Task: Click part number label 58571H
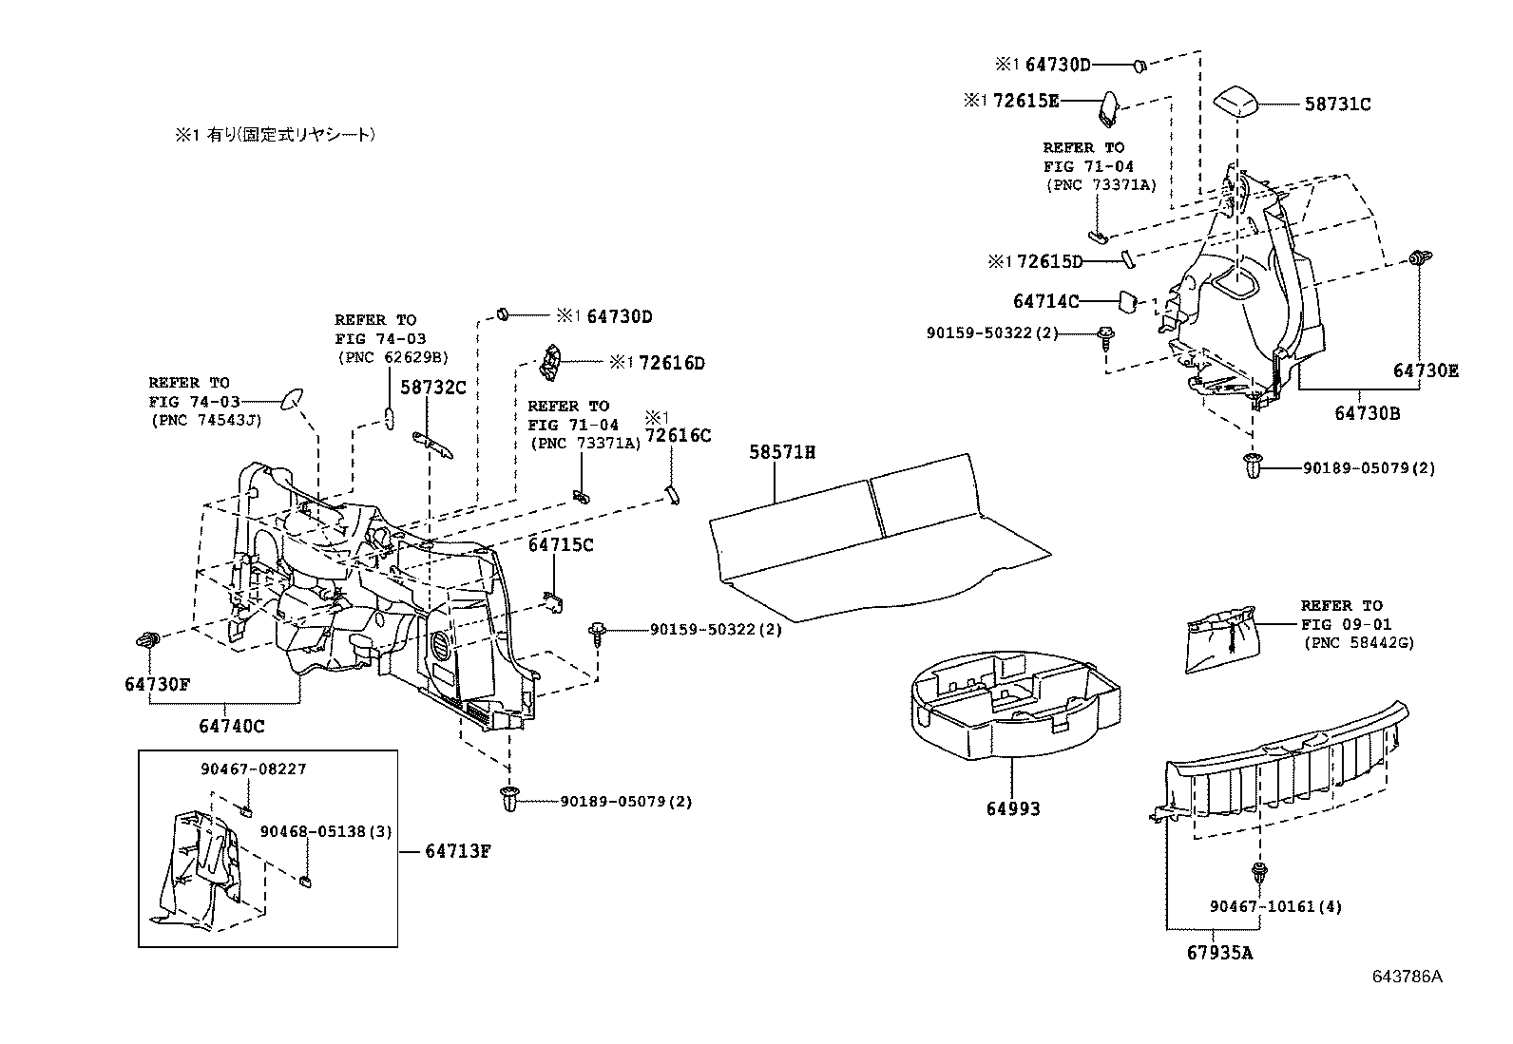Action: tap(782, 452)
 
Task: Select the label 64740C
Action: tap(231, 727)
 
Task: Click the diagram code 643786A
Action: tap(1406, 978)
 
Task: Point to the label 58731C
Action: tap(1336, 104)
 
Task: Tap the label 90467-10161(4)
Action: tap(1275, 907)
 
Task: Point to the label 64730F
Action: tap(157, 684)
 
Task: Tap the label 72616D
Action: tap(671, 363)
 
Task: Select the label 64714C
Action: tap(1045, 301)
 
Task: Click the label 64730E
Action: tap(1426, 370)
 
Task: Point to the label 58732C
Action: tap(431, 388)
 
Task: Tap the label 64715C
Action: tap(561, 545)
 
